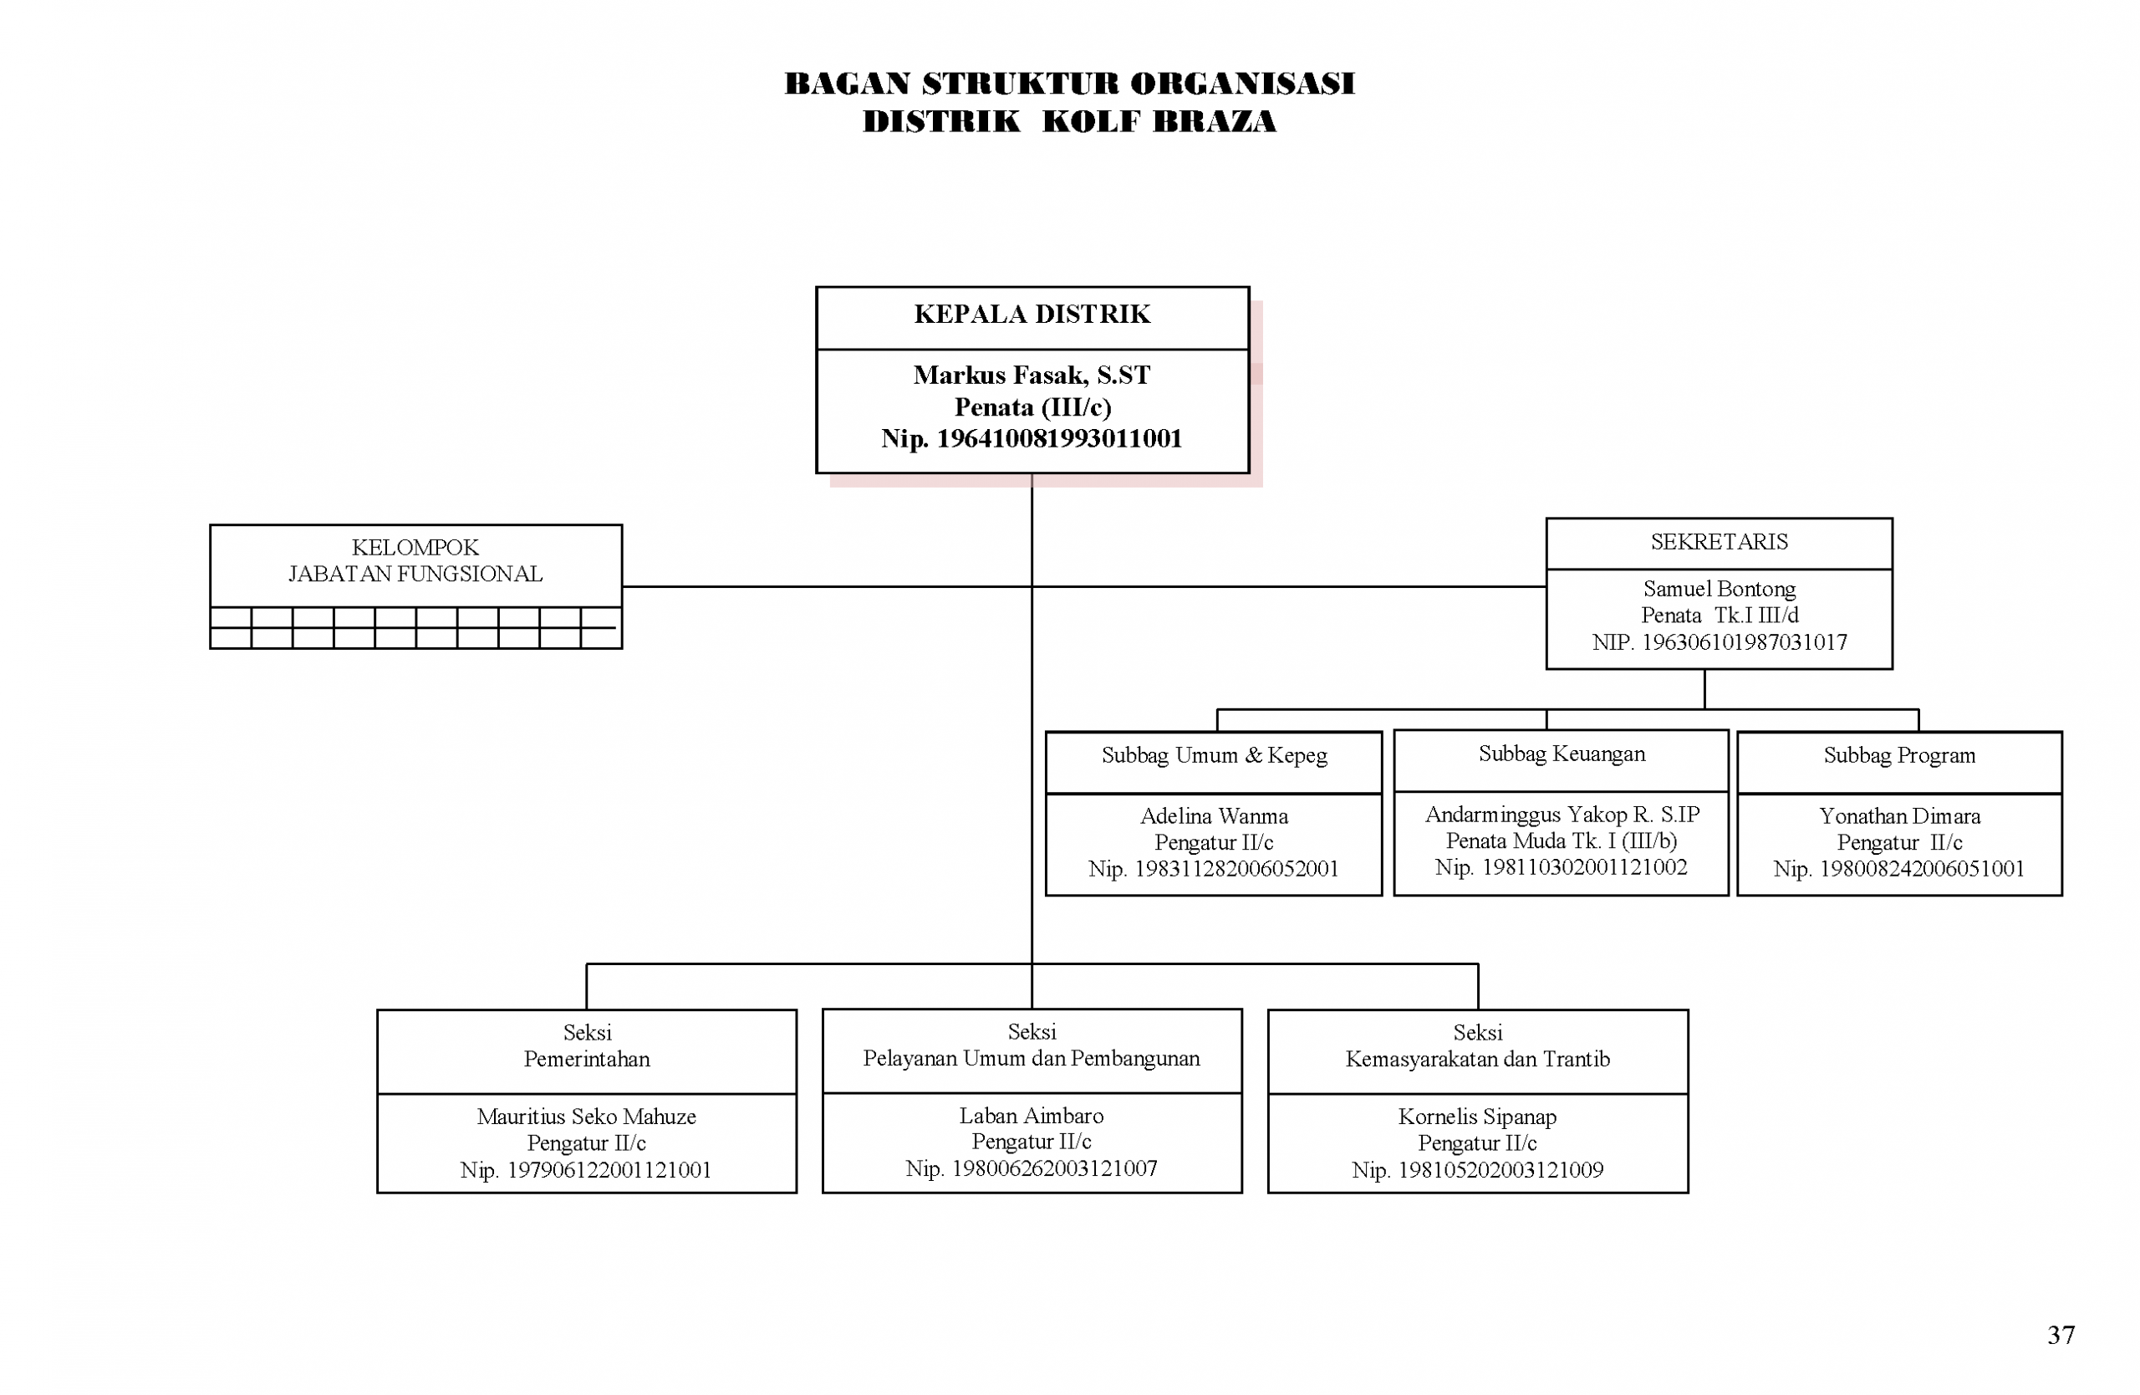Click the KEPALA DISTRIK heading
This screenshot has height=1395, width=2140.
pyautogui.click(x=1032, y=314)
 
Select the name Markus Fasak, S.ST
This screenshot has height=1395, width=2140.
pyautogui.click(x=1032, y=375)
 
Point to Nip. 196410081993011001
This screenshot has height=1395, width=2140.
pyautogui.click(x=1032, y=439)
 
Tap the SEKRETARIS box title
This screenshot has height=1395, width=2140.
pyautogui.click(x=1719, y=541)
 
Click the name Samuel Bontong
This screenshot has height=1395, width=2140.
pyautogui.click(x=1719, y=589)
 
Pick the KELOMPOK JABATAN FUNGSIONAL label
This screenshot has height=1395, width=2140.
pyautogui.click(x=415, y=560)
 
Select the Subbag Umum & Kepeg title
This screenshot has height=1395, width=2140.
pyautogui.click(x=1214, y=755)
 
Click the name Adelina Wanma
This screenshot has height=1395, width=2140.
pyautogui.click(x=1214, y=815)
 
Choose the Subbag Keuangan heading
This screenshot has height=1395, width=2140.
pyautogui.click(x=1562, y=754)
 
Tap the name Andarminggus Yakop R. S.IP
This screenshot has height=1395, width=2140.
pyautogui.click(x=1562, y=814)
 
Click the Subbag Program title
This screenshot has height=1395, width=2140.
pyautogui.click(x=1899, y=755)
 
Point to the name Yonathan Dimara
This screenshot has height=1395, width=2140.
pyautogui.click(x=1899, y=815)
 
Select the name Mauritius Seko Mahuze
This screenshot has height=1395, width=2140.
pyautogui.click(x=586, y=1117)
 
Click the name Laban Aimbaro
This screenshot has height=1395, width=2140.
pyautogui.click(x=1032, y=1116)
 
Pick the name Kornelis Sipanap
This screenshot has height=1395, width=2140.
pyautogui.click(x=1477, y=1117)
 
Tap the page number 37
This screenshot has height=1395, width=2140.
pyautogui.click(x=2061, y=1335)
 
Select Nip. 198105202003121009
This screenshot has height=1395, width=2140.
pyautogui.click(x=1477, y=1170)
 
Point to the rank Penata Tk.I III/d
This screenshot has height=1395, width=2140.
pyautogui.click(x=1719, y=616)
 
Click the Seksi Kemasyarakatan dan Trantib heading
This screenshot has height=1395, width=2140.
pyautogui.click(x=1477, y=1046)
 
